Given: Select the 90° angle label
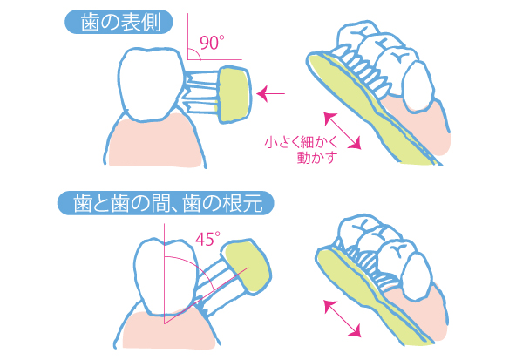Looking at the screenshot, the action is (x=212, y=43).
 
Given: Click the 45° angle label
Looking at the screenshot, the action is (x=207, y=239).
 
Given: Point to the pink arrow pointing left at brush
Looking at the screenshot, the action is (x=270, y=93).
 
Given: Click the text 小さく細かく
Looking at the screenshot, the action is (x=301, y=142).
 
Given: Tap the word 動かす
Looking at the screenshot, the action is (x=317, y=157).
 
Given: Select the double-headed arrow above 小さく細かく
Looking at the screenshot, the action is (x=343, y=131).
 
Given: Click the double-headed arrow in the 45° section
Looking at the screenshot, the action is (x=343, y=318).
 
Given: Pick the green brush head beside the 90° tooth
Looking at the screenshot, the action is (x=234, y=95).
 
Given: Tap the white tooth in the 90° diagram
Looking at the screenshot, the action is (x=151, y=84).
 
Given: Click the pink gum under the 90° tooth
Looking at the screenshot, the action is (x=153, y=142).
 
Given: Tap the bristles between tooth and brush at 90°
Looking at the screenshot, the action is (x=201, y=93).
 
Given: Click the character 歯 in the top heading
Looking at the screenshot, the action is (x=90, y=23).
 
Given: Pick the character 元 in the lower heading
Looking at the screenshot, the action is (x=253, y=203).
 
